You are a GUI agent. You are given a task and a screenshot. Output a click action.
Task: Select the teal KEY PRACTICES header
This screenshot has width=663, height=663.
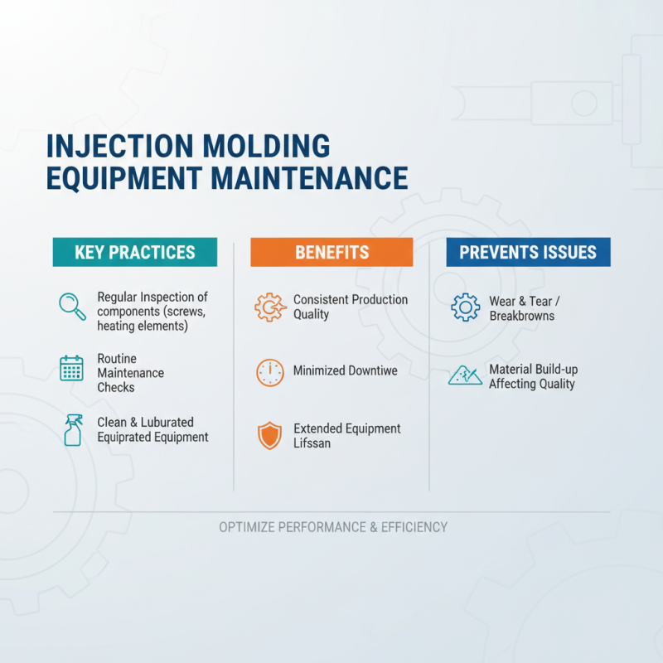coord(135,253)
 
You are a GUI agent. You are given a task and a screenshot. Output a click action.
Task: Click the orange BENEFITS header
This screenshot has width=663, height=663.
coord(331,253)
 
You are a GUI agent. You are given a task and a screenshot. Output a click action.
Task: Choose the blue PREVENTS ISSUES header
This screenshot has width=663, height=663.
coord(528,253)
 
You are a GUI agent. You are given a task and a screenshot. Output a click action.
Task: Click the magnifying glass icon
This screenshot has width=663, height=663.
coord(72,305)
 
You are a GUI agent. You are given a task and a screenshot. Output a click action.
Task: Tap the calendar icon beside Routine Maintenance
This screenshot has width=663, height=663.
coord(72,368)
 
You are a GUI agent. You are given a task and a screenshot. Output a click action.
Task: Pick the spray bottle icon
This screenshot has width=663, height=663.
coord(73,431)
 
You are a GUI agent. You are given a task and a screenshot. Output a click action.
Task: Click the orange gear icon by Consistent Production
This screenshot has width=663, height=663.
coord(269,307)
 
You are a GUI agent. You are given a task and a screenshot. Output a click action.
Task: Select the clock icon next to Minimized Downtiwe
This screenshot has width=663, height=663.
coord(269,371)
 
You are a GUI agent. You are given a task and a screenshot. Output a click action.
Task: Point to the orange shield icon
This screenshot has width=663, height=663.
coord(269,436)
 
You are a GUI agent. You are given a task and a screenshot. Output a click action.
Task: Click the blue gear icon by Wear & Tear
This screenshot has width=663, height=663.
coord(465,307)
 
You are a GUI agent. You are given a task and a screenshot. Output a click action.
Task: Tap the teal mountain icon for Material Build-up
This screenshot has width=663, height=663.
coord(465,375)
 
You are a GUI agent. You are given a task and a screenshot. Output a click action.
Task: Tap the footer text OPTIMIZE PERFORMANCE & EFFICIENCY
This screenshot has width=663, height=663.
coord(333,527)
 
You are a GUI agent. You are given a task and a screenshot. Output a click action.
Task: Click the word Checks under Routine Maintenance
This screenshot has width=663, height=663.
coord(116,388)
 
